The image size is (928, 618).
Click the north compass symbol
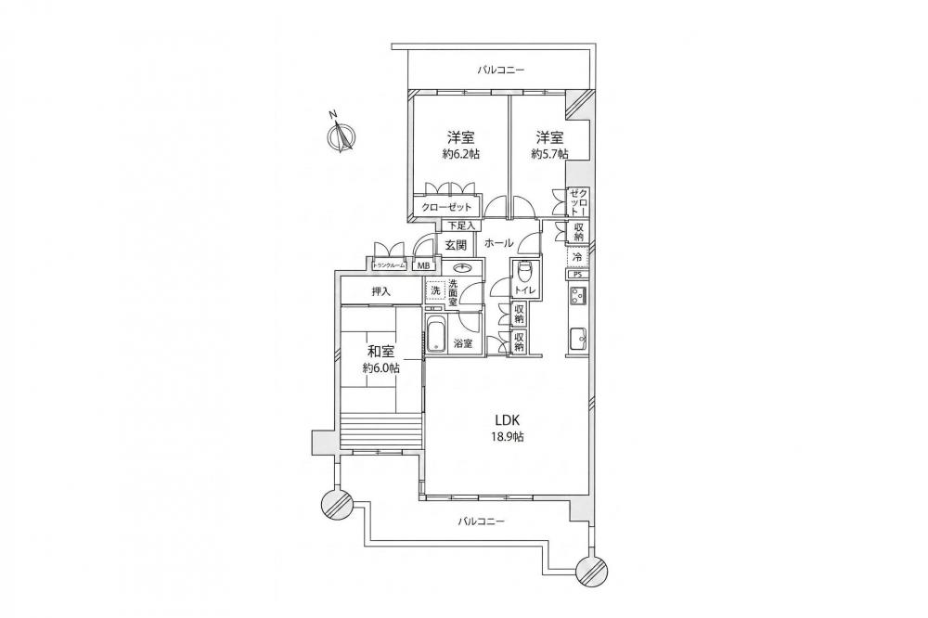(342, 135)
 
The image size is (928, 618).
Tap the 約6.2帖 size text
(460, 154)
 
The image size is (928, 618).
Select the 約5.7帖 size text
(549, 154)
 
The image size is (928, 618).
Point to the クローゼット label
(447, 207)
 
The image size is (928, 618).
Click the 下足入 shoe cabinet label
(461, 225)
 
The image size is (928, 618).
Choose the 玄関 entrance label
(457, 244)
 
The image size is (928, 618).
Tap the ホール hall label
(499, 243)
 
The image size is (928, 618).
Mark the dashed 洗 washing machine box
(435, 290)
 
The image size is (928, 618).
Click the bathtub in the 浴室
(436, 336)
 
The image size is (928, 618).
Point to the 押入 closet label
(381, 291)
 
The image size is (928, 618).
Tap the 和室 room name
(380, 352)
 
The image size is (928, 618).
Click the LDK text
(508, 421)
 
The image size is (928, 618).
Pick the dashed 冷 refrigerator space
(577, 257)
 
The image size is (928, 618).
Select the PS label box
(577, 274)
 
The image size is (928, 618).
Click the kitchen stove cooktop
(577, 295)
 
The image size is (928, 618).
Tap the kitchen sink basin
(577, 340)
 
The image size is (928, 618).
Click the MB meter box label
(424, 265)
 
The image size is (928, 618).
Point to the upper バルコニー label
(501, 70)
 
